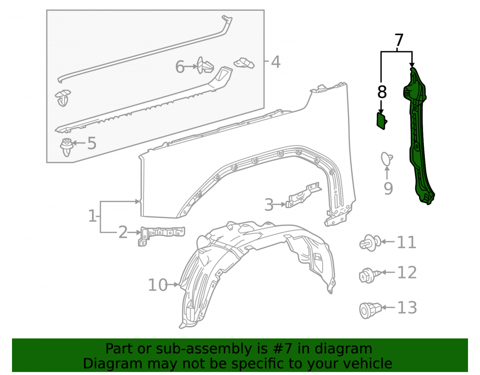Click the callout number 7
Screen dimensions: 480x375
399,40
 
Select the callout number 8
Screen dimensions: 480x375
382,92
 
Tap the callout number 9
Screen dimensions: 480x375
388,188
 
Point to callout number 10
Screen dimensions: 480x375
157,285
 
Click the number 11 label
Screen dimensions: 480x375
407,242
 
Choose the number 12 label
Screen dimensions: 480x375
407,272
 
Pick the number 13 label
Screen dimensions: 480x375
407,307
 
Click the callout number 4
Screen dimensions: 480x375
276,62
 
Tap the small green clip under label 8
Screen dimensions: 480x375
382,121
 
